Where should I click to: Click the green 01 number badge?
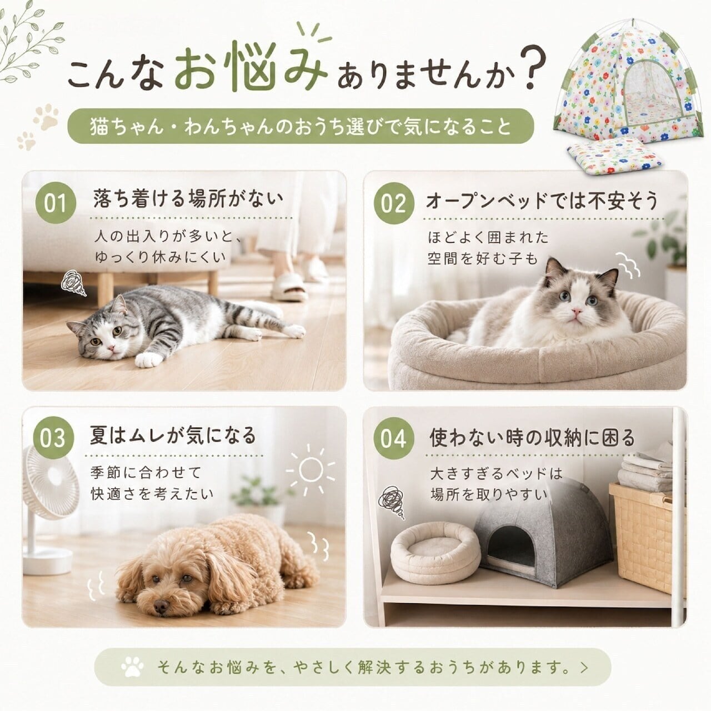pyautogui.click(x=56, y=203)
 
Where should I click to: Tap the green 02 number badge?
pyautogui.click(x=393, y=203)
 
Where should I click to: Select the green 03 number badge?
pyautogui.click(x=54, y=438)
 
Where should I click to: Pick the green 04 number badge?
pyautogui.click(x=393, y=438)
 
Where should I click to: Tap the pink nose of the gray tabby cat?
pyautogui.click(x=111, y=347)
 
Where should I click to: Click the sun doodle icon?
pyautogui.click(x=311, y=469)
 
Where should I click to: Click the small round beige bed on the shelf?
pyautogui.click(x=435, y=553)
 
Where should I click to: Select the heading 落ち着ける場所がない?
pyautogui.click(x=188, y=199)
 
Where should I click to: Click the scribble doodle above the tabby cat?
pyautogui.click(x=73, y=282)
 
